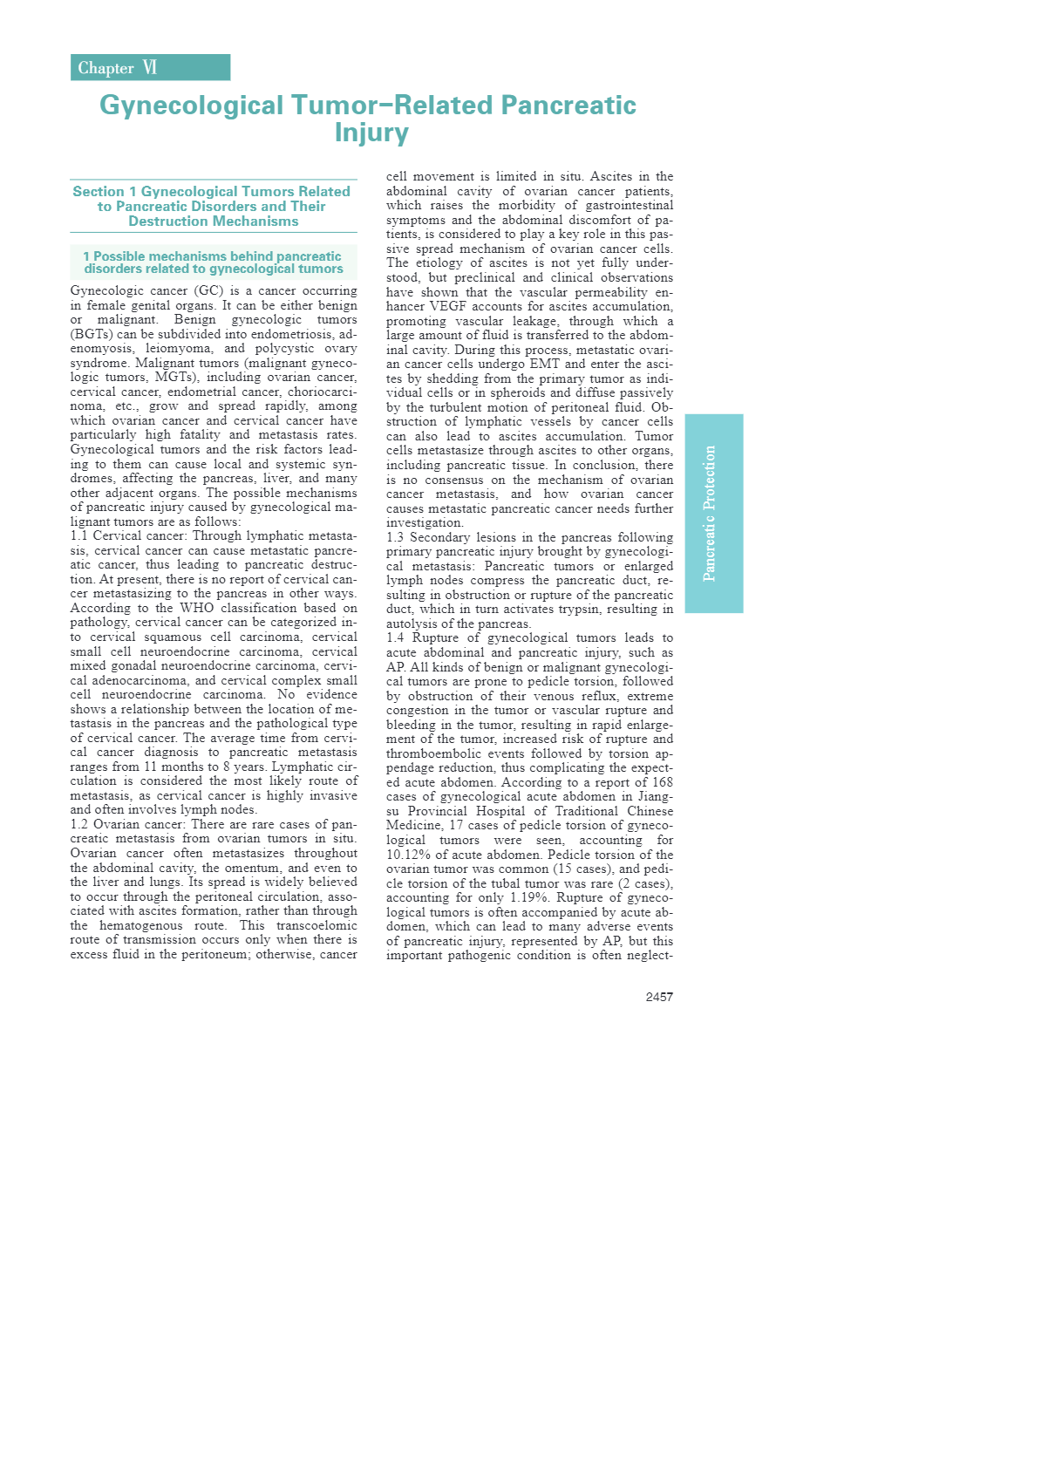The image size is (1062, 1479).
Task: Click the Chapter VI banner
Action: (x=150, y=68)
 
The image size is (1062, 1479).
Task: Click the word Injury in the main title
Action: (x=371, y=133)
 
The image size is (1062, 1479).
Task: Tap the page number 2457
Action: (x=659, y=997)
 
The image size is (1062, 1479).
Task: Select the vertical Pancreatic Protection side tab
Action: (x=713, y=513)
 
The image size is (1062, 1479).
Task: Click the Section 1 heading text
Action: (x=213, y=206)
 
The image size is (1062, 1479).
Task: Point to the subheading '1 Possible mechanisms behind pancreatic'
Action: (x=212, y=256)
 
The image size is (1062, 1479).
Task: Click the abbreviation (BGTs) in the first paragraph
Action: (x=91, y=334)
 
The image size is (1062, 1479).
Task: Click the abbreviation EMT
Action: (x=544, y=364)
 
